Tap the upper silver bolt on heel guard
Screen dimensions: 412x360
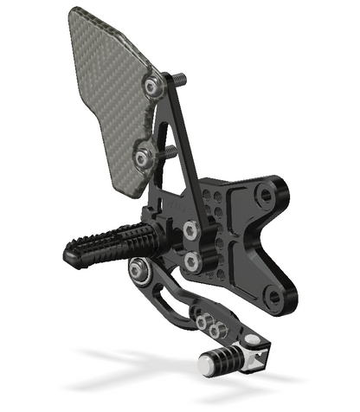coord(153,86)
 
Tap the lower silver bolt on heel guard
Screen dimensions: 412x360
coord(143,157)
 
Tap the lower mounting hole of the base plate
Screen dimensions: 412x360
coord(274,299)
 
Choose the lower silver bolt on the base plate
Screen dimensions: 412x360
coord(192,260)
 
